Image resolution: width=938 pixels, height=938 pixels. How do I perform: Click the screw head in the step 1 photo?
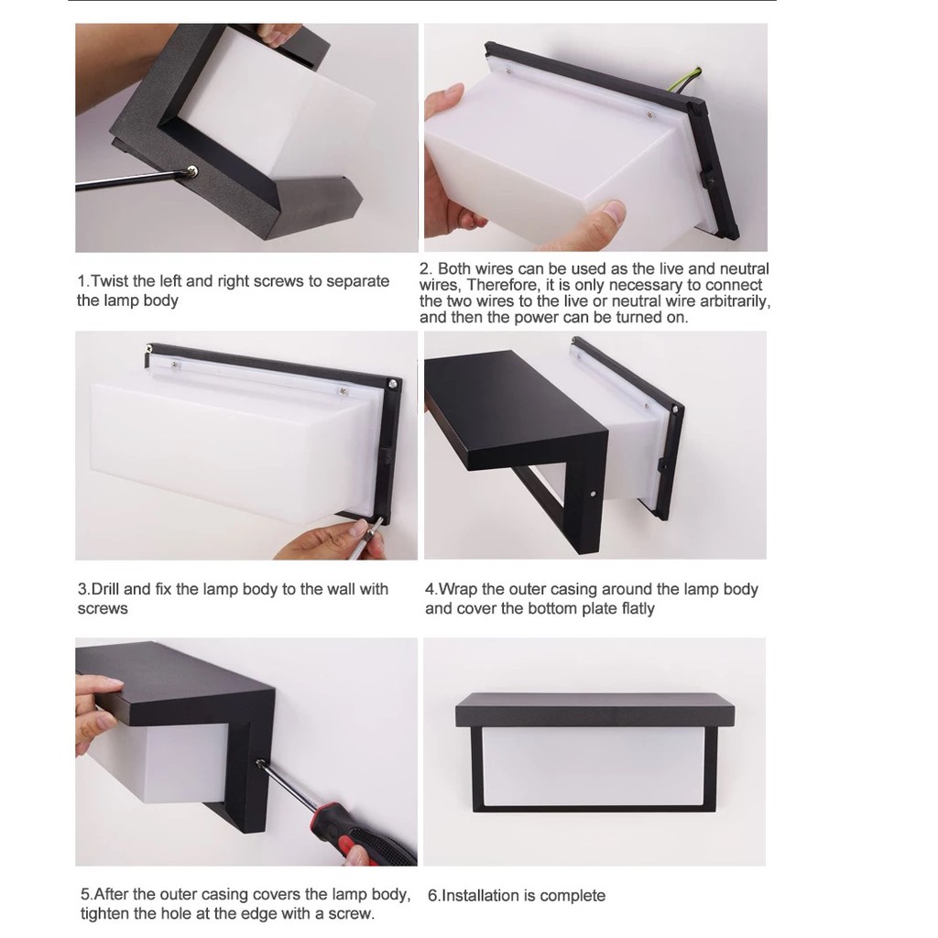(x=192, y=172)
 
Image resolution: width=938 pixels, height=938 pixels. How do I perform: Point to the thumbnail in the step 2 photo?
(x=613, y=210)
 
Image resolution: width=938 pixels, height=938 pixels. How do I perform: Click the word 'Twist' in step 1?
(x=112, y=281)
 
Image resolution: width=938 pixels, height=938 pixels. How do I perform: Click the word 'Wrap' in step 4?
(x=458, y=589)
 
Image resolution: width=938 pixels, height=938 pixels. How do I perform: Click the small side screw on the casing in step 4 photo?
(x=593, y=494)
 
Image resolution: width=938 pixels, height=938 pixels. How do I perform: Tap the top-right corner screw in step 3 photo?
(x=393, y=383)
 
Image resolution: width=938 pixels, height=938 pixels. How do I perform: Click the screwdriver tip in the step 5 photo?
(x=260, y=763)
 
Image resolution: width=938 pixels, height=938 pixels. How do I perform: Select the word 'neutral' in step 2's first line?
(x=744, y=268)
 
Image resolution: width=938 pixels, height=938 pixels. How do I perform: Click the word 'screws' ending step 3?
(x=103, y=609)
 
